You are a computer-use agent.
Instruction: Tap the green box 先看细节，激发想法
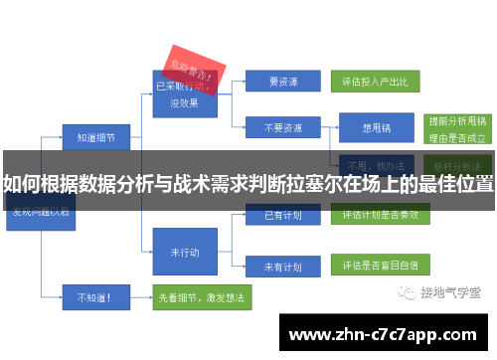click(198, 295)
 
